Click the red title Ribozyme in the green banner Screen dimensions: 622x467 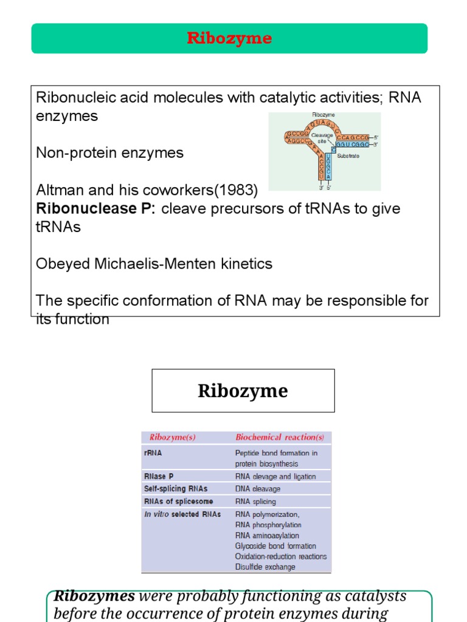point(229,39)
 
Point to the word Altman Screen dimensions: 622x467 point(57,190)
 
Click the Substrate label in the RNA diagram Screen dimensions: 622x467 point(348,156)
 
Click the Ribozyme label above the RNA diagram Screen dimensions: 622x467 point(323,115)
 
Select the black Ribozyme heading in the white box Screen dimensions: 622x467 point(243,391)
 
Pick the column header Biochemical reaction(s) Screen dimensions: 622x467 point(280,437)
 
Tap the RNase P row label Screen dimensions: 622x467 point(158,477)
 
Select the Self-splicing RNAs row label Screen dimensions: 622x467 point(175,488)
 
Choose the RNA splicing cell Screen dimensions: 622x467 point(255,502)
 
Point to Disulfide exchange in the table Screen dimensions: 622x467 point(265,567)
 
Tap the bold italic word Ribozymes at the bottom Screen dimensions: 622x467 point(94,596)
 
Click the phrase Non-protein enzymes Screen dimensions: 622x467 point(109,152)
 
